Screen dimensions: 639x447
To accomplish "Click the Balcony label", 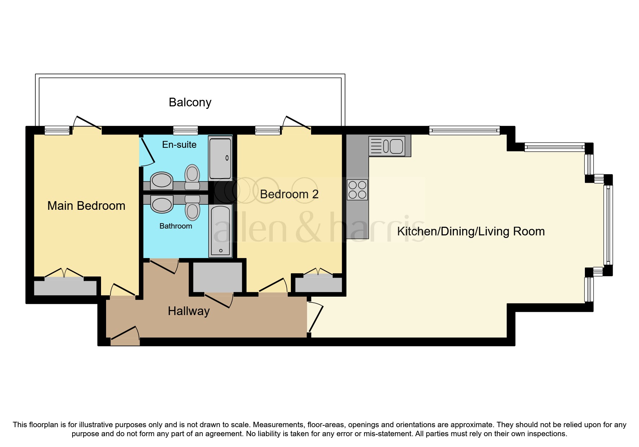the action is point(190,102).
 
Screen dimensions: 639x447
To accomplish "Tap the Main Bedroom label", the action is point(86,205).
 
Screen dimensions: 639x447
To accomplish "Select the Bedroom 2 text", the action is point(289,194).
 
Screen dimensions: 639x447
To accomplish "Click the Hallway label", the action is point(189,311).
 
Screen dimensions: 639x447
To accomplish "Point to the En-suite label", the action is point(179,145).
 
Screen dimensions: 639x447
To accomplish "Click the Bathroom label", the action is point(176,226).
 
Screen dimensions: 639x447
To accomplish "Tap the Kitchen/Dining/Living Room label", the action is point(471,231).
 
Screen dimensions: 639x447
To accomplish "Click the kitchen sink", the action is point(387,146).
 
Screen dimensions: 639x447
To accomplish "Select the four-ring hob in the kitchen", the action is point(357,190).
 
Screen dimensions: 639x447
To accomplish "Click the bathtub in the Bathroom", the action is point(220,231).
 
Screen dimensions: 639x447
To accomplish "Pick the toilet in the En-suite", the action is point(192,177).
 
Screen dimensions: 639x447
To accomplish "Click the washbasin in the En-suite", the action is point(161,180).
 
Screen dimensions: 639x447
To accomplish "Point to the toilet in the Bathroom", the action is point(192,208).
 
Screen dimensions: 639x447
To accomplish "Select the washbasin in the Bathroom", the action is point(162,204).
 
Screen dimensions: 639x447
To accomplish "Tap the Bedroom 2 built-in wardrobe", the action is point(319,285).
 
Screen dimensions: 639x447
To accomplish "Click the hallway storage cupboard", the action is point(218,277).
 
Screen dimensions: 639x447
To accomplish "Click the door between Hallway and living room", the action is point(315,317).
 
